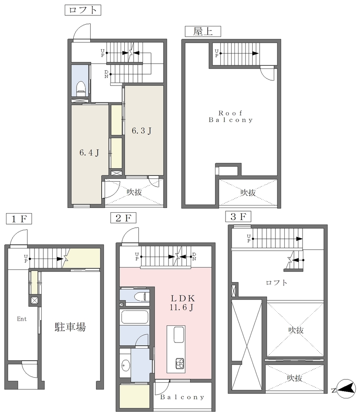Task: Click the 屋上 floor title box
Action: click(203, 32)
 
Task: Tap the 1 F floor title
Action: click(19, 219)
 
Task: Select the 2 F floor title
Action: click(123, 218)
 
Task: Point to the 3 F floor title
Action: click(238, 216)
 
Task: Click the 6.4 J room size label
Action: click(89, 153)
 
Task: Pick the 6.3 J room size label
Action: click(142, 131)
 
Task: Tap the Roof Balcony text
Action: click(231, 117)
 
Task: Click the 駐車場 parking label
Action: click(70, 327)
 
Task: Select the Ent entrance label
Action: click(22, 319)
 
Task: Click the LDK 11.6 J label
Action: click(183, 303)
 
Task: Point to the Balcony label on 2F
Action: click(182, 397)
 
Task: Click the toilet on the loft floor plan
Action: click(81, 89)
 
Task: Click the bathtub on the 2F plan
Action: click(134, 317)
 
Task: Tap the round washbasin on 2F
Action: click(126, 366)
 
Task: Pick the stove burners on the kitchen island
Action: click(180, 364)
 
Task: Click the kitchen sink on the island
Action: click(179, 335)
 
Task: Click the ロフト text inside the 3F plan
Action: click(277, 282)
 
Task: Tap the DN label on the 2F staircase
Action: click(194, 257)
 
